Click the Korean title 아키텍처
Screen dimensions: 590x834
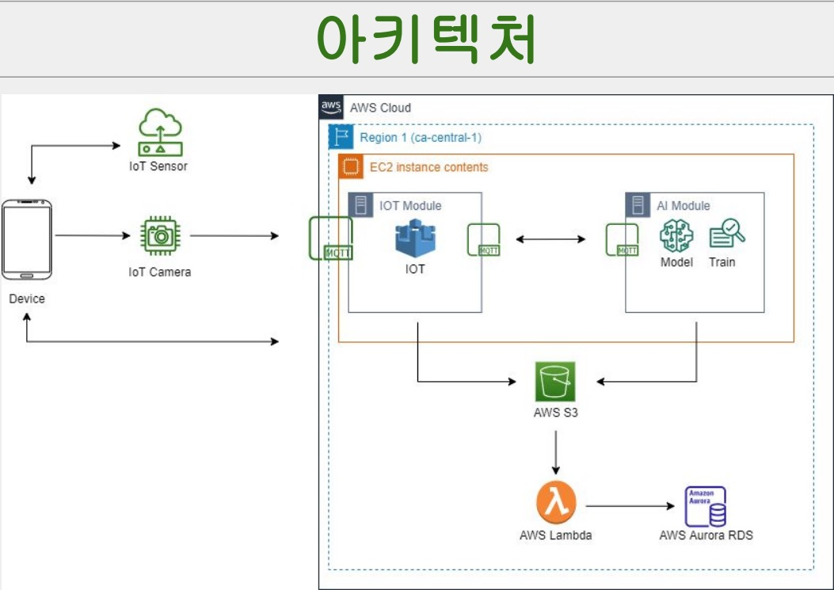(426, 38)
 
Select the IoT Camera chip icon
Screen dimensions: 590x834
(160, 235)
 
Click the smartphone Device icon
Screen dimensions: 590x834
(27, 240)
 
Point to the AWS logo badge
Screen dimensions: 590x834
(331, 107)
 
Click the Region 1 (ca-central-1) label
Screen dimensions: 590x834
(420, 138)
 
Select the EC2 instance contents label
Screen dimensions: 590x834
(428, 167)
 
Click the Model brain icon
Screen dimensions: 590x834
(676, 235)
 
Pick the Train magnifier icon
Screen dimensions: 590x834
(725, 234)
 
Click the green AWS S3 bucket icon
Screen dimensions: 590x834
(554, 382)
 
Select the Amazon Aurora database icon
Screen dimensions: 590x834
(705, 506)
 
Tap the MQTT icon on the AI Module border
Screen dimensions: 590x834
(622, 240)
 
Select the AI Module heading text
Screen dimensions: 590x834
(683, 206)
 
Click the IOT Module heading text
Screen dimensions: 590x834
(410, 206)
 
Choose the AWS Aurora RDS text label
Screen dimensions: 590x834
(706, 535)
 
